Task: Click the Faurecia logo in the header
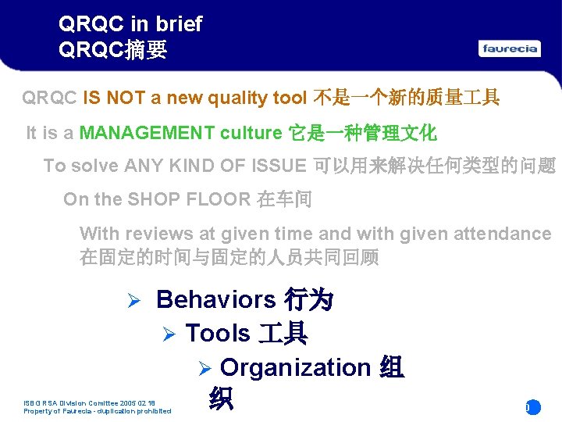click(x=510, y=48)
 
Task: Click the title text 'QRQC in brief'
click(x=130, y=24)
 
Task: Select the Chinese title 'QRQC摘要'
click(x=112, y=50)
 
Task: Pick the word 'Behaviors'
click(x=215, y=299)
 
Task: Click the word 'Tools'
click(x=218, y=334)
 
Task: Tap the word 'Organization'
click(x=295, y=367)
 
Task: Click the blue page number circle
click(x=532, y=407)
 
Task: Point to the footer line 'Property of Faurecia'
click(x=98, y=411)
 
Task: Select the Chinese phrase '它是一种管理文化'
click(x=362, y=133)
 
